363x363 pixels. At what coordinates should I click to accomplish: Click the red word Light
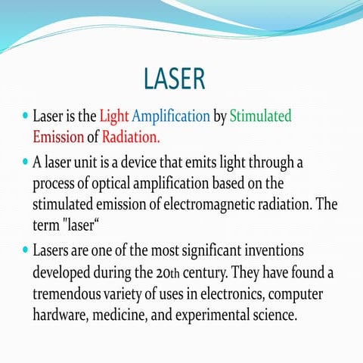(x=114, y=117)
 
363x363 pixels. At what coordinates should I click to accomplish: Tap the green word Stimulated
(x=260, y=117)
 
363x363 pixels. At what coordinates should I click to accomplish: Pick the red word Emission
(x=57, y=138)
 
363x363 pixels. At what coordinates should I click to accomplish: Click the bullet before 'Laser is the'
(x=25, y=117)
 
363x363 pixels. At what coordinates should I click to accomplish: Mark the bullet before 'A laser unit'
(x=25, y=161)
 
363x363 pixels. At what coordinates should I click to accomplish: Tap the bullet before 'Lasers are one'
(x=25, y=249)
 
